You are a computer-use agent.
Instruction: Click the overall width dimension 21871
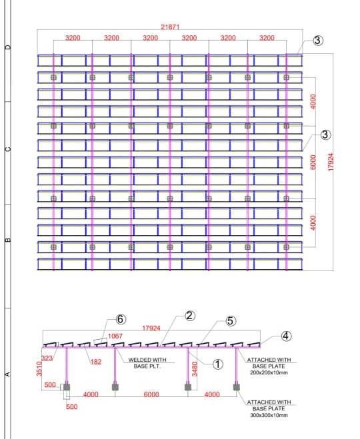pyautogui.click(x=171, y=27)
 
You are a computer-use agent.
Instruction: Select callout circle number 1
pyautogui.click(x=217, y=364)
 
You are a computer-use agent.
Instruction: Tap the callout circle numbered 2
pyautogui.click(x=189, y=316)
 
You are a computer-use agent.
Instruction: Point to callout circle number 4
pyautogui.click(x=285, y=336)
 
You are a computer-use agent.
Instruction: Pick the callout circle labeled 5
pyautogui.click(x=230, y=321)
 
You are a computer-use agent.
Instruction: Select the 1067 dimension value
pyautogui.click(x=115, y=336)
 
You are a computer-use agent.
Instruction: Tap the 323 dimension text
pyautogui.click(x=46, y=359)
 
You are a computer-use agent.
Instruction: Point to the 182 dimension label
pyautogui.click(x=96, y=362)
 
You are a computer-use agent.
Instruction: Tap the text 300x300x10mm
pyautogui.click(x=268, y=415)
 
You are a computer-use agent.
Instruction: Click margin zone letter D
pyautogui.click(x=8, y=48)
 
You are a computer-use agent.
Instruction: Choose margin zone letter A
pyautogui.click(x=8, y=374)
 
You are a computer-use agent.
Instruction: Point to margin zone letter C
pyautogui.click(x=8, y=149)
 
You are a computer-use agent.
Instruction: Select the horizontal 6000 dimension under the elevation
pyautogui.click(x=151, y=395)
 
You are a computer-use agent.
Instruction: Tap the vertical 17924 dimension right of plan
pyautogui.click(x=331, y=160)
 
